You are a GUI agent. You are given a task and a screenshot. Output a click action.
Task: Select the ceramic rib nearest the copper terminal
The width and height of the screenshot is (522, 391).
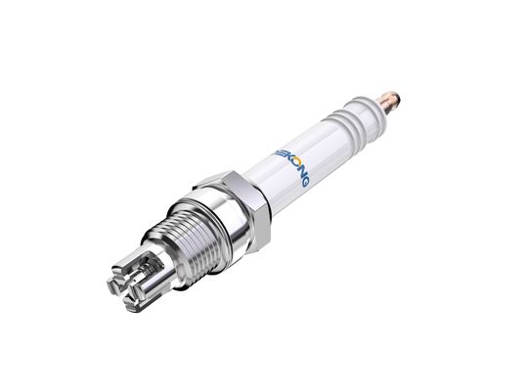coord(362,109)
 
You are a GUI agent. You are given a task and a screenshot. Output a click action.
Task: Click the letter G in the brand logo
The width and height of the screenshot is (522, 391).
coord(304,182)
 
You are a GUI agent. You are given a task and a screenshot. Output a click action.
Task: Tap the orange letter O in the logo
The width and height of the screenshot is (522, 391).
coord(290,163)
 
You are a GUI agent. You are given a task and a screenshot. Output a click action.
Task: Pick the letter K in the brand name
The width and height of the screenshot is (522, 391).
coord(283,155)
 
